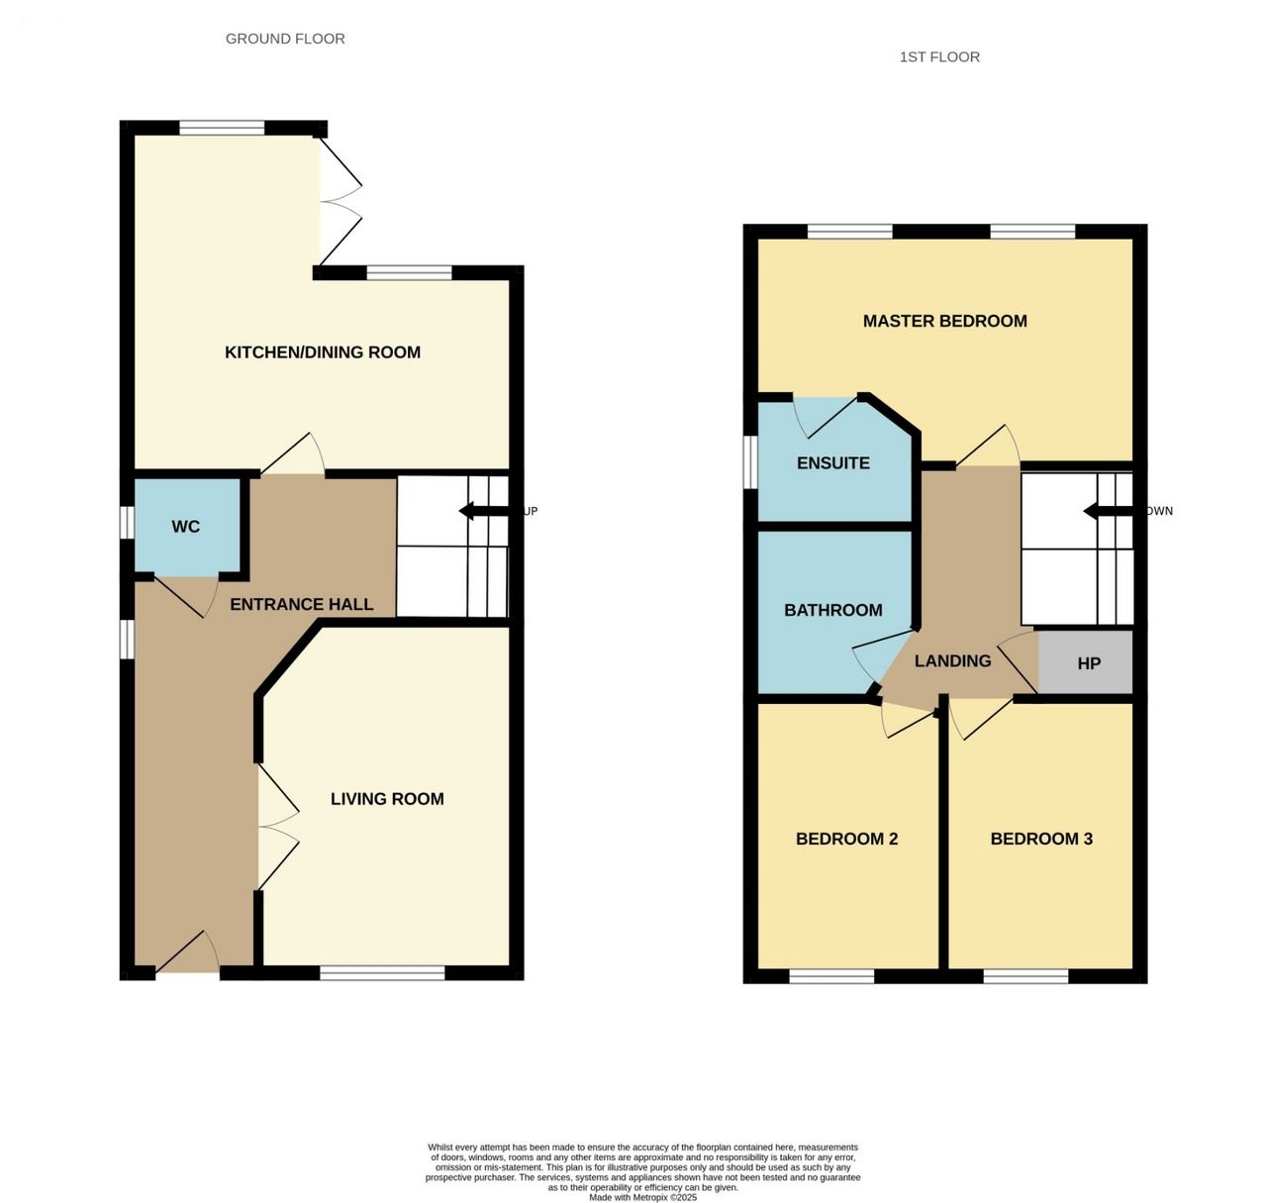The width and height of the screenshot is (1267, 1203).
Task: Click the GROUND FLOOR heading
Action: click(285, 39)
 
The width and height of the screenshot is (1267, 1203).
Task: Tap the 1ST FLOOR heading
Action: click(939, 56)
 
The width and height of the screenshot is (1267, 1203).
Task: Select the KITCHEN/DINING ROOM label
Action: click(323, 352)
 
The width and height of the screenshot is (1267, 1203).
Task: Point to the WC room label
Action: click(186, 527)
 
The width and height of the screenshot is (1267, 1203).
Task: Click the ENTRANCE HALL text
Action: click(302, 604)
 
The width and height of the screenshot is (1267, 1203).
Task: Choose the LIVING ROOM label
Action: click(387, 799)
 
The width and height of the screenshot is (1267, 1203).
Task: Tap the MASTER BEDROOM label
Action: click(944, 321)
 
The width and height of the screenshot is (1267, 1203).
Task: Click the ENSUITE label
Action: click(833, 463)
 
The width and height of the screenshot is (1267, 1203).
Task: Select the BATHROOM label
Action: click(833, 610)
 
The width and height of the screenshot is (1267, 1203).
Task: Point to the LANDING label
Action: click(952, 660)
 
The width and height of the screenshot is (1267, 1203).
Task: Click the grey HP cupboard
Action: click(1085, 662)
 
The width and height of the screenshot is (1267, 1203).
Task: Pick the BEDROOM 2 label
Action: click(847, 839)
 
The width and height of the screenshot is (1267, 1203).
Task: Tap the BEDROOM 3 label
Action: click(1041, 839)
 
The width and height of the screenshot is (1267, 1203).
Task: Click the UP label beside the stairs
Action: click(531, 511)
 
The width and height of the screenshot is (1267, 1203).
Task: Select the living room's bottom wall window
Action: click(382, 973)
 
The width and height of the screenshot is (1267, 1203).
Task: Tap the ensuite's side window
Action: click(750, 462)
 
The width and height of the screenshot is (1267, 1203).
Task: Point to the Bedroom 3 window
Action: click(1025, 976)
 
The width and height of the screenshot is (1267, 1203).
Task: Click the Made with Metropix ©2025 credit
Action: click(642, 1198)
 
